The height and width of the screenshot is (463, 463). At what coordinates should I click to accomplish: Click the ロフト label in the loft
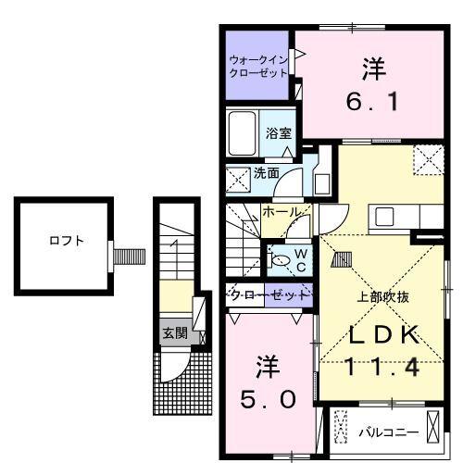click(67, 241)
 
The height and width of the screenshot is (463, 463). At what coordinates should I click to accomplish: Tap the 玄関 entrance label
click(173, 332)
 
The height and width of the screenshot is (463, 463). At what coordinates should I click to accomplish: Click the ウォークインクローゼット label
click(259, 66)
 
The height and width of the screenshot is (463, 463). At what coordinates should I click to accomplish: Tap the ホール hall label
click(282, 212)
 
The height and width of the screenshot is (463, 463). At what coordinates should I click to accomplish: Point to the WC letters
click(302, 258)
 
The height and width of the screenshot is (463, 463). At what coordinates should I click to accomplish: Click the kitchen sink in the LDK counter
click(384, 218)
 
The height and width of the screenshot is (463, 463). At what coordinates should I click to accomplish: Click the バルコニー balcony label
click(389, 432)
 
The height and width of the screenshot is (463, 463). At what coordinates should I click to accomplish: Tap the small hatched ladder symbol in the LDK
click(341, 262)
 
